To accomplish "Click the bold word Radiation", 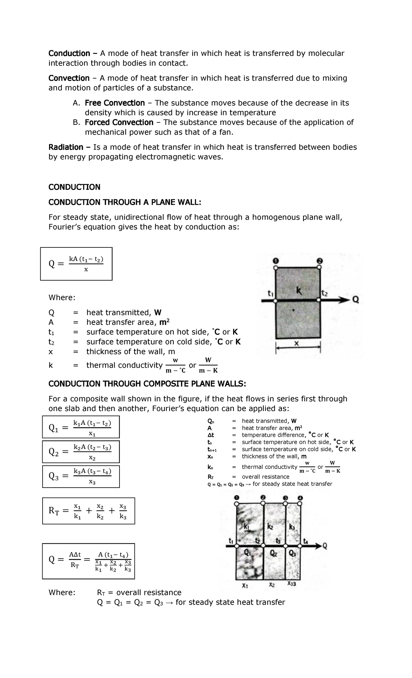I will [66, 147].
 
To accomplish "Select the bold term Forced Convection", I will [119, 122].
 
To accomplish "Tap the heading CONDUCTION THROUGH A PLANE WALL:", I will [124, 202].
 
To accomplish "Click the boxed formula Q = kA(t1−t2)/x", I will [76, 264].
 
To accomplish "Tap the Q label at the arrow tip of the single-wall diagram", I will [356, 300].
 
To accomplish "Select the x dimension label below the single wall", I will [297, 343].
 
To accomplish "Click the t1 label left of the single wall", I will [271, 293].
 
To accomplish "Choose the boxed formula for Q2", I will [81, 452].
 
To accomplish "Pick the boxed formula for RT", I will [88, 511].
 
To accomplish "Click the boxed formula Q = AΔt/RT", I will [88, 561].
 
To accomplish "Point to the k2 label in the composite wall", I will [270, 527].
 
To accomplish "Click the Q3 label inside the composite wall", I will [293, 553].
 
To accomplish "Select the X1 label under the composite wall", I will [245, 586].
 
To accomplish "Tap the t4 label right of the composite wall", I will [306, 541].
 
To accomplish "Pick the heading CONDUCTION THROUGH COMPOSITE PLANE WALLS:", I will [147, 384].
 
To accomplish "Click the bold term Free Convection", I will [115, 103].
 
